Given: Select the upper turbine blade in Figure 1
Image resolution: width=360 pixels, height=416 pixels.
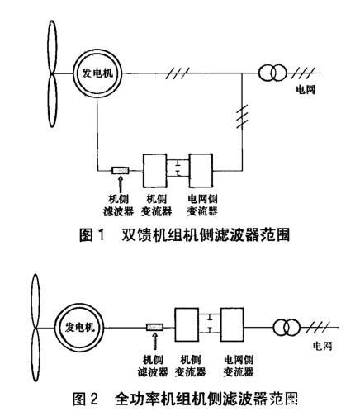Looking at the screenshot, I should pos(47,37).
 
